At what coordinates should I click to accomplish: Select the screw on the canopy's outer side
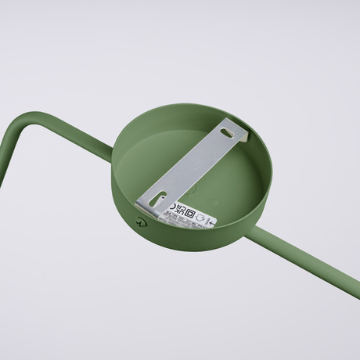[141, 222]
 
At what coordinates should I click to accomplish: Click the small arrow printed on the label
[211, 222]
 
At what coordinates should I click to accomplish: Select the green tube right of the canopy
[313, 263]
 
